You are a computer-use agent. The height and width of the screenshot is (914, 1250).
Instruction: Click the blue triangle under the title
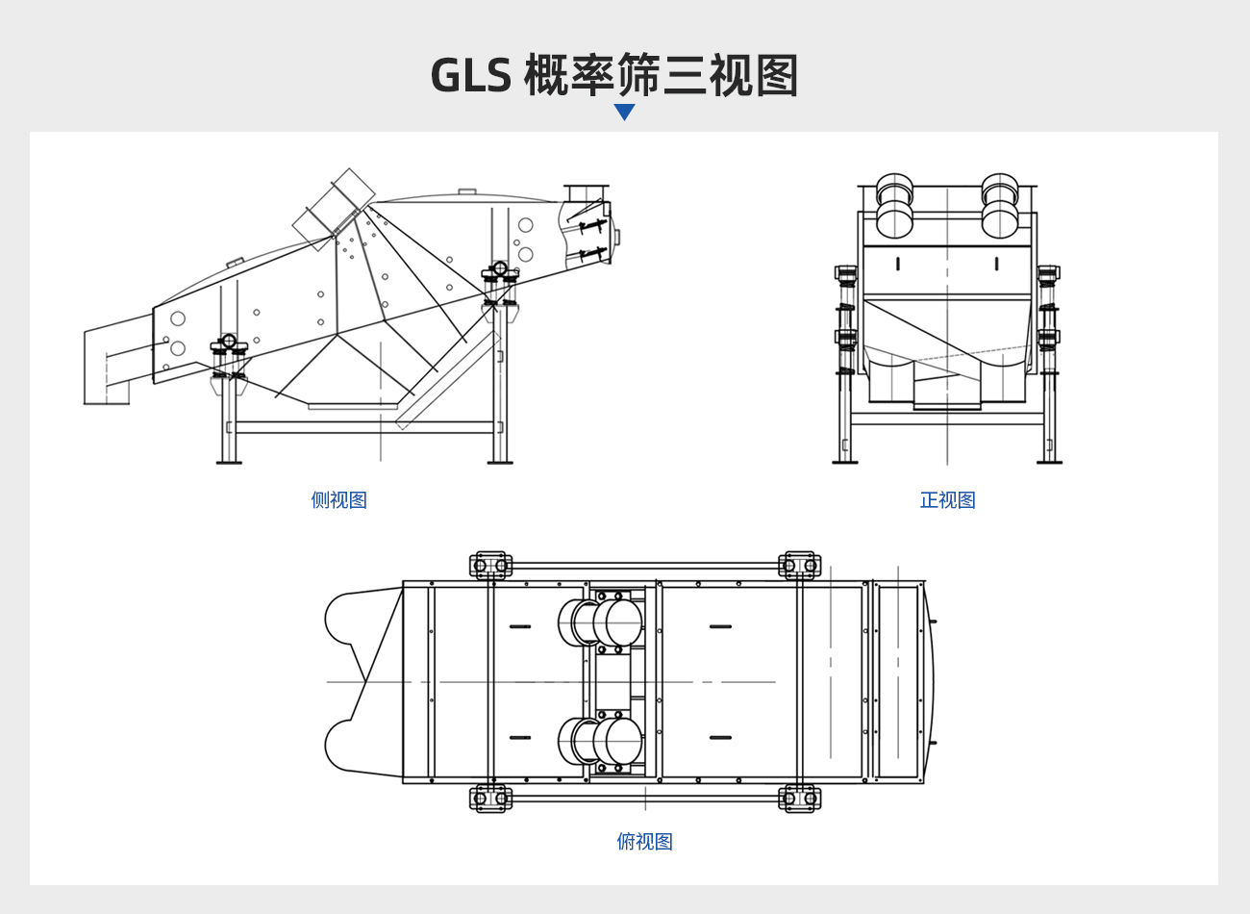pyautogui.click(x=624, y=111)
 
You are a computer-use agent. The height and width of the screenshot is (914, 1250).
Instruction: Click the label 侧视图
pyautogui.click(x=338, y=499)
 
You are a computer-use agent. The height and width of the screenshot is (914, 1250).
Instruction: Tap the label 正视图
pyautogui.click(x=947, y=499)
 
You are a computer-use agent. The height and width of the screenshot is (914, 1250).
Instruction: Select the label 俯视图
pyautogui.click(x=644, y=841)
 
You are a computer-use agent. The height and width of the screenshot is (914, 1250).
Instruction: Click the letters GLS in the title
pyautogui.click(x=471, y=75)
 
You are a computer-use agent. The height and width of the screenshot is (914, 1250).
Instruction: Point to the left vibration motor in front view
pyautogui.click(x=894, y=205)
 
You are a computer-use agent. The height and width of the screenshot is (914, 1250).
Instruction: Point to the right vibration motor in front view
pyautogui.click(x=1000, y=205)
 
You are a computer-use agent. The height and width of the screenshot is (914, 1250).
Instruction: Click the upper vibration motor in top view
pyautogui.click(x=600, y=622)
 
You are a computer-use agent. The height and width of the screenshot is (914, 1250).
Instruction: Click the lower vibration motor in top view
pyautogui.click(x=600, y=741)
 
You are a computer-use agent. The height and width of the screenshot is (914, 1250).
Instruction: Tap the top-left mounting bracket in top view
pyautogui.click(x=490, y=565)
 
